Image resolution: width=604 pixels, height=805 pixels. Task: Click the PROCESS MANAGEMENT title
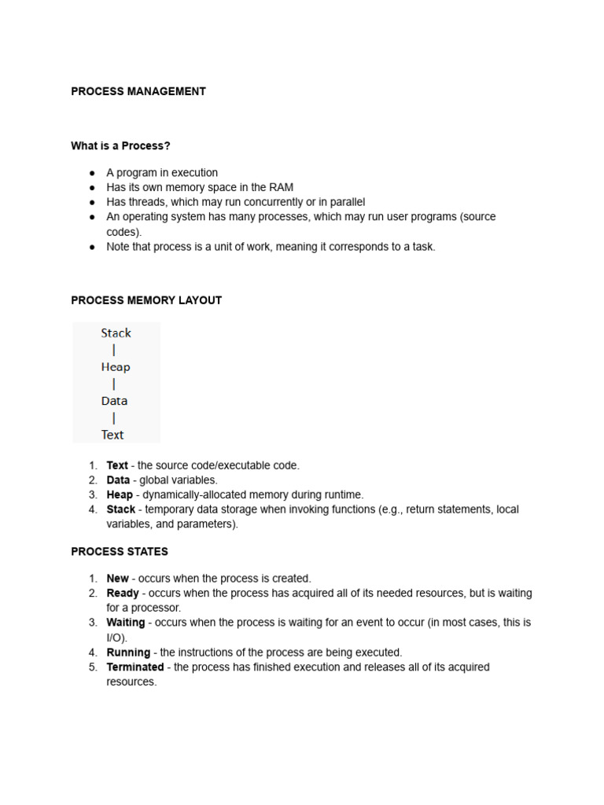138,91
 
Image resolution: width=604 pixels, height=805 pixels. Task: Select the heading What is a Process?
120,145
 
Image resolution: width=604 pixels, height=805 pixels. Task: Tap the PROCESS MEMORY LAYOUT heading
146,300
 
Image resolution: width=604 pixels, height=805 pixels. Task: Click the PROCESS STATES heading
120,552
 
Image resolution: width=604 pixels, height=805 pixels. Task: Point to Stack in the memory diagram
116,333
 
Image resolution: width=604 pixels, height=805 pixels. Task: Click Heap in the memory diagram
116,367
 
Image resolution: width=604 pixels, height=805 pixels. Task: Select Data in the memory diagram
114,401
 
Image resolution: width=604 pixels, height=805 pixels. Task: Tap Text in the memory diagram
112,435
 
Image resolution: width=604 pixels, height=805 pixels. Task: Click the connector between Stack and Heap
115,351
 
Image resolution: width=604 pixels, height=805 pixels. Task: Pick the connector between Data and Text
114,418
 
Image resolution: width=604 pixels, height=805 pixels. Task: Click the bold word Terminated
135,667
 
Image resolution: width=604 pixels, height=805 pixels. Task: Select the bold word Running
128,652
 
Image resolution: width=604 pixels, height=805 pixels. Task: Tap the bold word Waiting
126,623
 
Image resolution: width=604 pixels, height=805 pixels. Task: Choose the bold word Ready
123,593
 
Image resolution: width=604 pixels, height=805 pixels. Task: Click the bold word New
117,579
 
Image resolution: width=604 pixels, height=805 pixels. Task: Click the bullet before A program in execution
91,173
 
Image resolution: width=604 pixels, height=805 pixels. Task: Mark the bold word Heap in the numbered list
120,495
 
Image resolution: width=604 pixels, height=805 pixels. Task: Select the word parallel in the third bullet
346,202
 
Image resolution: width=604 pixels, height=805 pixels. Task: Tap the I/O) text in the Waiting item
116,638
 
